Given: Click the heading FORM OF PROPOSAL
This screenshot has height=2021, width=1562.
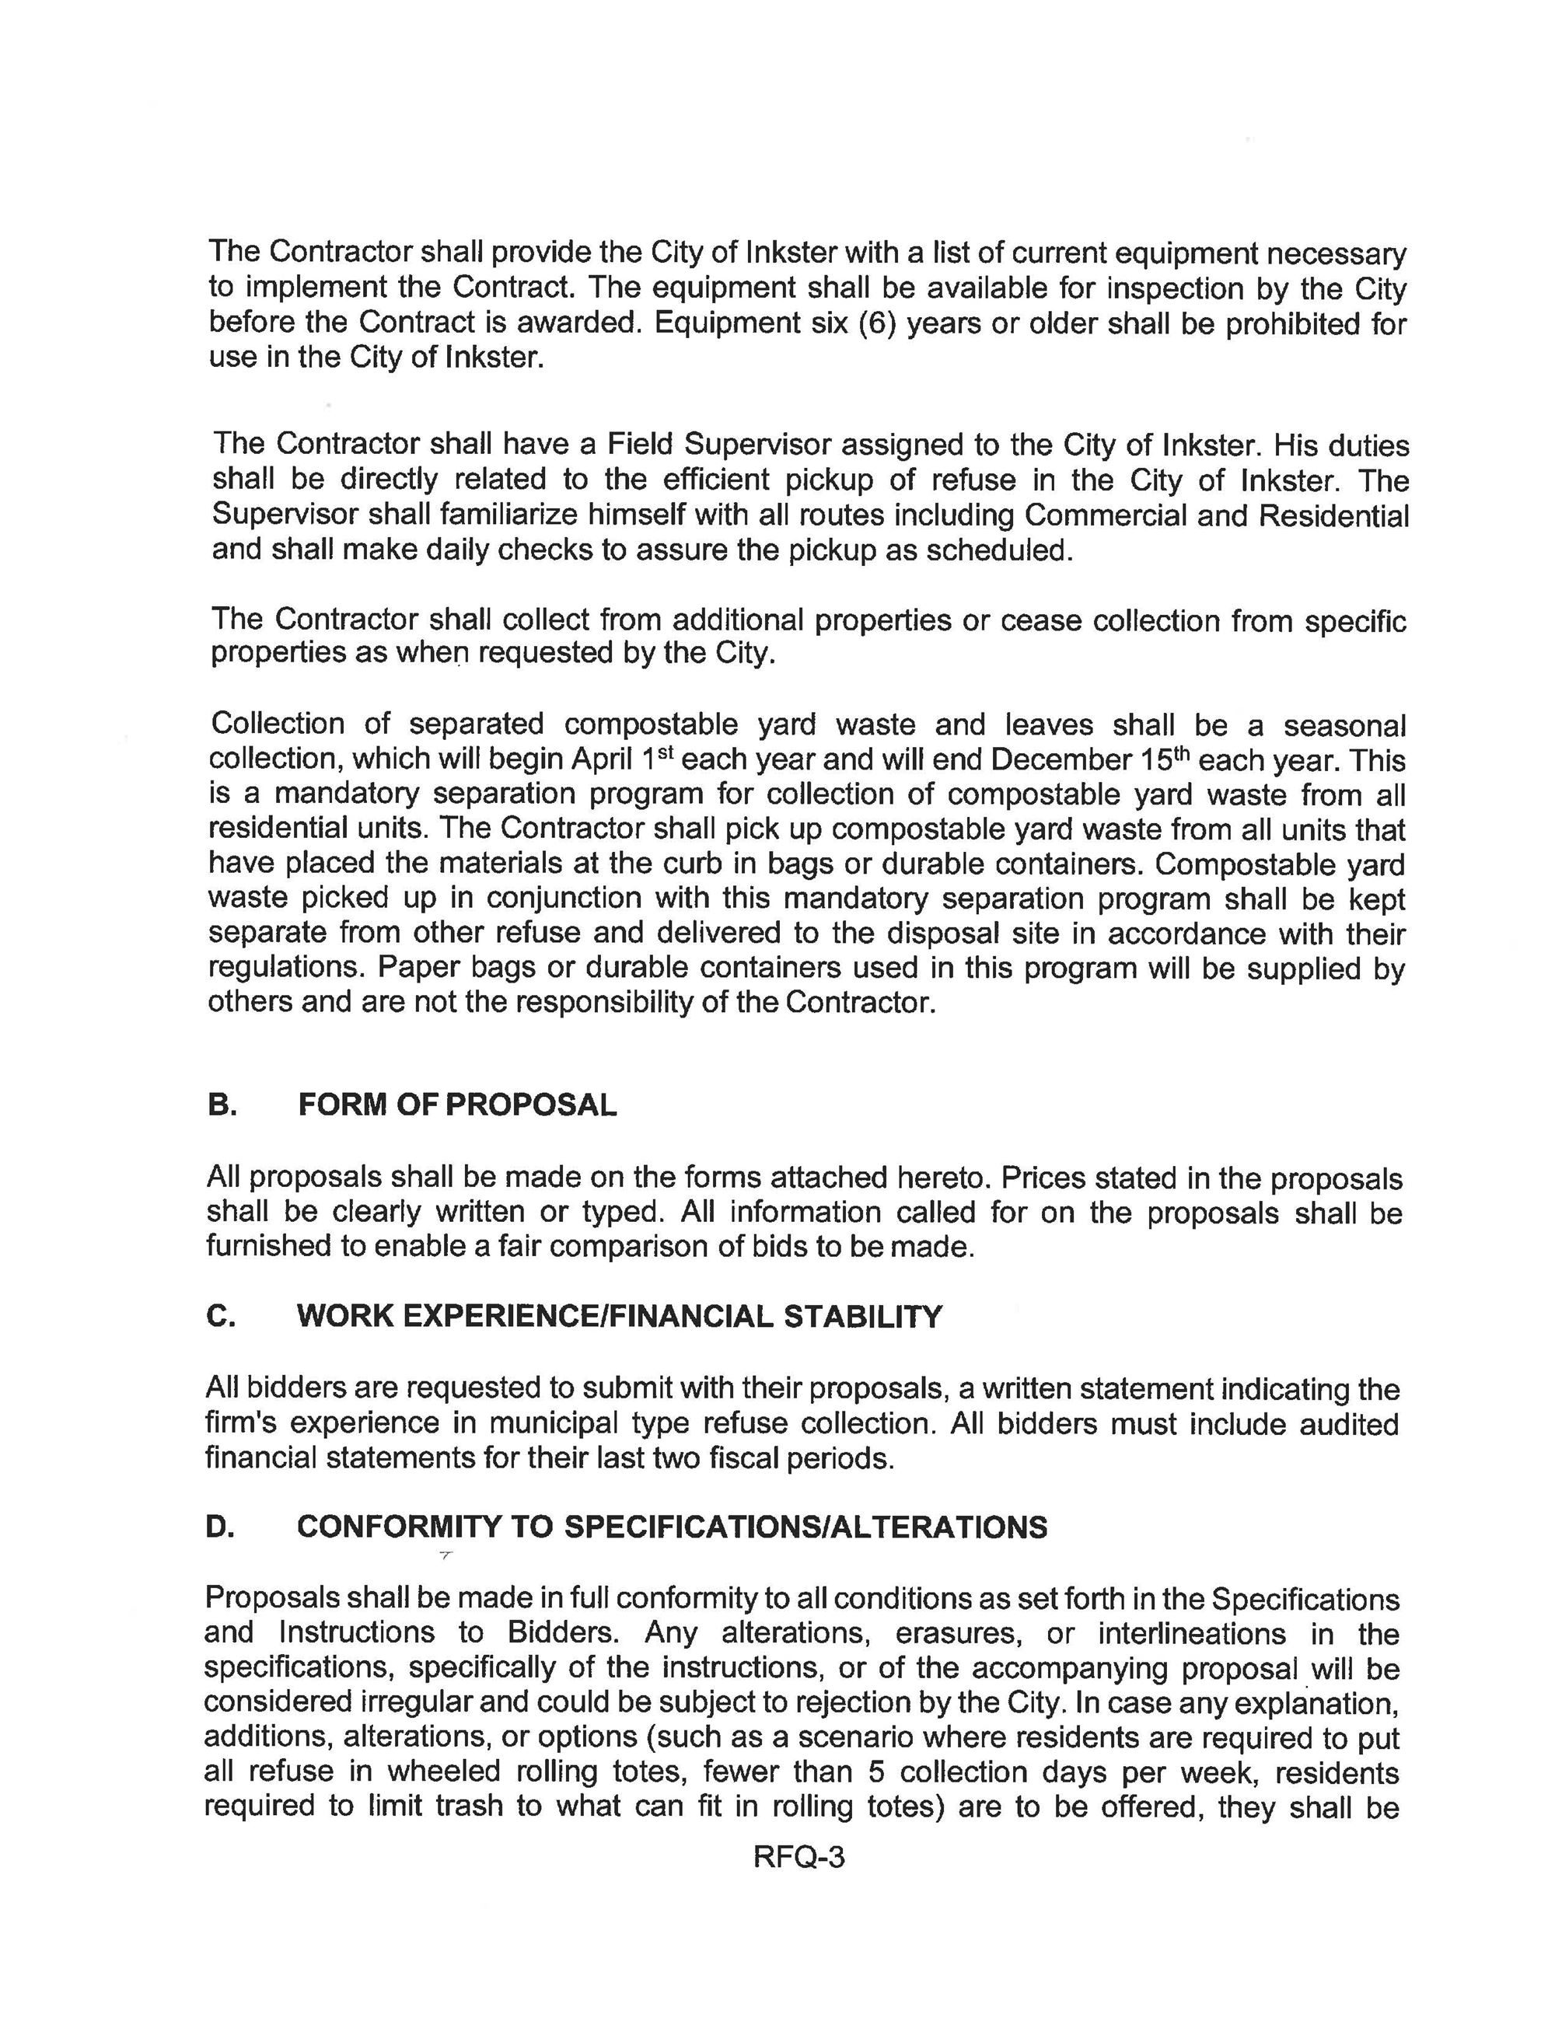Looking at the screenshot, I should click(457, 1105).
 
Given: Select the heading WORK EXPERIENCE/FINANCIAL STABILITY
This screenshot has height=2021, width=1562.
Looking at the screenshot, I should click(619, 1316).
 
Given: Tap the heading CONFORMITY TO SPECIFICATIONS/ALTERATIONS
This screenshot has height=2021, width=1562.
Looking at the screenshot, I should click(672, 1527).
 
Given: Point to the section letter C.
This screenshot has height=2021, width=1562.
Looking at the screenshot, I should click(220, 1316).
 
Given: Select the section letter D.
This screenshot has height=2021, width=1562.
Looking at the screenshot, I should click(220, 1527).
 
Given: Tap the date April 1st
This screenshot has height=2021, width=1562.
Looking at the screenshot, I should click(622, 759).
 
